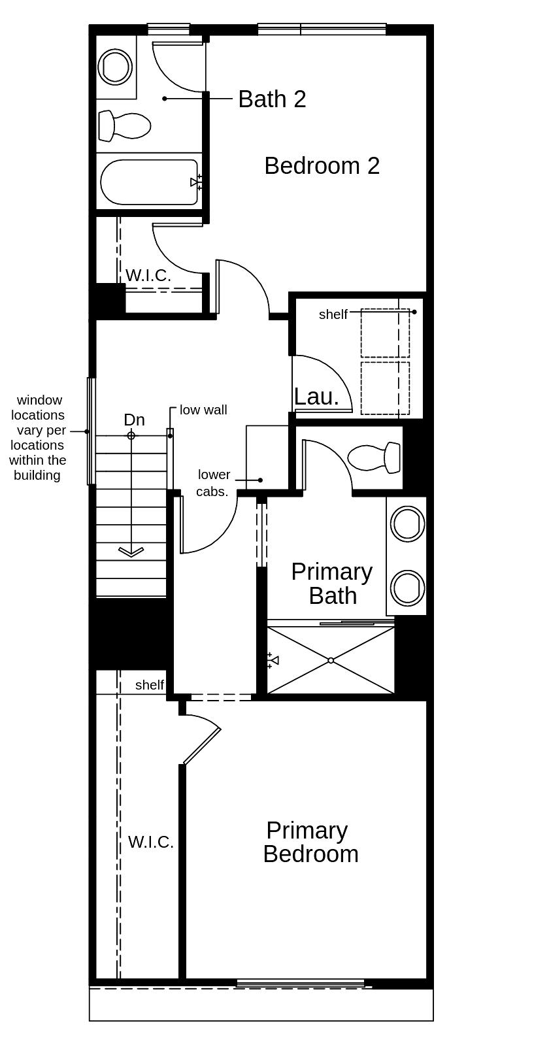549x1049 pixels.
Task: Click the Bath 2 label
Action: coord(272,99)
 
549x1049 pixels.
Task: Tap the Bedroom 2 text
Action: coord(322,166)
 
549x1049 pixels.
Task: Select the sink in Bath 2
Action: coord(116,66)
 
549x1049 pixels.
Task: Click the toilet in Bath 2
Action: coord(124,125)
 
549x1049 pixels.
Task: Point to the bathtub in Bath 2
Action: coord(150,182)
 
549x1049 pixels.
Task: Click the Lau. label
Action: coord(316,397)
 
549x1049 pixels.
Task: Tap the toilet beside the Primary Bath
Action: coord(374,458)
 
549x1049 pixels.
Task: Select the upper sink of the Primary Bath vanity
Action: coord(407,524)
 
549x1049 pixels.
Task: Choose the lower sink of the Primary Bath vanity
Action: coord(407,587)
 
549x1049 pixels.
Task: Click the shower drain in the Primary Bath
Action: coord(331,661)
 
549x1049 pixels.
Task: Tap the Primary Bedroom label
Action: coord(310,842)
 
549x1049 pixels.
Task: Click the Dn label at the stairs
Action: coord(134,420)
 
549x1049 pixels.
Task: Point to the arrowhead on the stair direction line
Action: coord(131,552)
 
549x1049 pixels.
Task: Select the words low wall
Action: coord(203,410)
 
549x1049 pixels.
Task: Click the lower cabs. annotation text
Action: coord(214,483)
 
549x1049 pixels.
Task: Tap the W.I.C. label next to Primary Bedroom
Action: coord(150,842)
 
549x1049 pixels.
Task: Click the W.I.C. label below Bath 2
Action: coord(148,276)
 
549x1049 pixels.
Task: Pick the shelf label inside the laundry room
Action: coord(333,314)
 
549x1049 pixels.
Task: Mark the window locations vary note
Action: coord(38,437)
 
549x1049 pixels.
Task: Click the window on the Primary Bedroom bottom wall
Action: coord(300,983)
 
